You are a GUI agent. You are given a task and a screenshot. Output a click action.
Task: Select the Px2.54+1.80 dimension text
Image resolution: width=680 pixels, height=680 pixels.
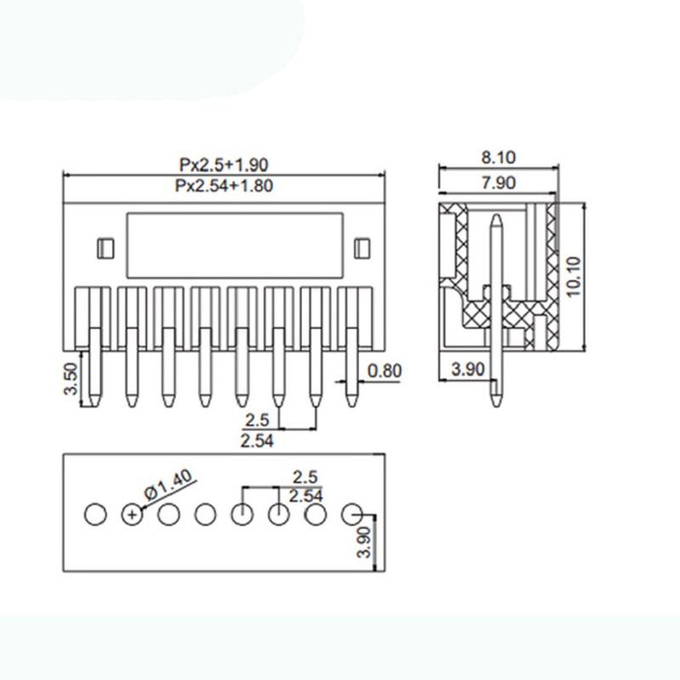(224, 186)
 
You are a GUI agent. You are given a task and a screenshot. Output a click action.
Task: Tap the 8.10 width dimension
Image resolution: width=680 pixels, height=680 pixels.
(499, 157)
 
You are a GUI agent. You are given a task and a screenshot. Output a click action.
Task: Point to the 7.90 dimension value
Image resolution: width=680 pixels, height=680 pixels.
(499, 184)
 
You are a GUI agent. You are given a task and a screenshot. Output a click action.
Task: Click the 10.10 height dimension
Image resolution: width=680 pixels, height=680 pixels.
(575, 276)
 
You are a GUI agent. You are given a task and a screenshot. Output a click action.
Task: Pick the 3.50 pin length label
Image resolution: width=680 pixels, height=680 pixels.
(73, 380)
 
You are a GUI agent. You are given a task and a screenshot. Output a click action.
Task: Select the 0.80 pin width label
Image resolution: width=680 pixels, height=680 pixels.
(385, 371)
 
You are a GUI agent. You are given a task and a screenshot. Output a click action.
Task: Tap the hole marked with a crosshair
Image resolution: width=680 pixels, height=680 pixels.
(132, 513)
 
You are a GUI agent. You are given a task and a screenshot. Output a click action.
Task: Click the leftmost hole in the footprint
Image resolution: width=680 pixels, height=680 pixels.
(95, 513)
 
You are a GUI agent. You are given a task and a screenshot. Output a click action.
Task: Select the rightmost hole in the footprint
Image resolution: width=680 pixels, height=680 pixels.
(352, 513)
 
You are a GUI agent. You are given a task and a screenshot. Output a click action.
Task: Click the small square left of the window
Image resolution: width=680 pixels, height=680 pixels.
(105, 248)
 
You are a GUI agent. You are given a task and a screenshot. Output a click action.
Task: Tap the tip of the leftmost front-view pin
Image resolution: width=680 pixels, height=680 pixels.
(95, 402)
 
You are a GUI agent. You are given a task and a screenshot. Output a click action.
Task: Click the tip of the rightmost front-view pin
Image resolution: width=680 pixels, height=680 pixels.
(352, 402)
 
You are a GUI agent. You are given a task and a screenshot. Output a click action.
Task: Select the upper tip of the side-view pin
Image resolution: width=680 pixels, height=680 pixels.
(496, 217)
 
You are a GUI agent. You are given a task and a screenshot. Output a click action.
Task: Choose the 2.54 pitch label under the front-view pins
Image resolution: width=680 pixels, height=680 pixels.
(257, 439)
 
